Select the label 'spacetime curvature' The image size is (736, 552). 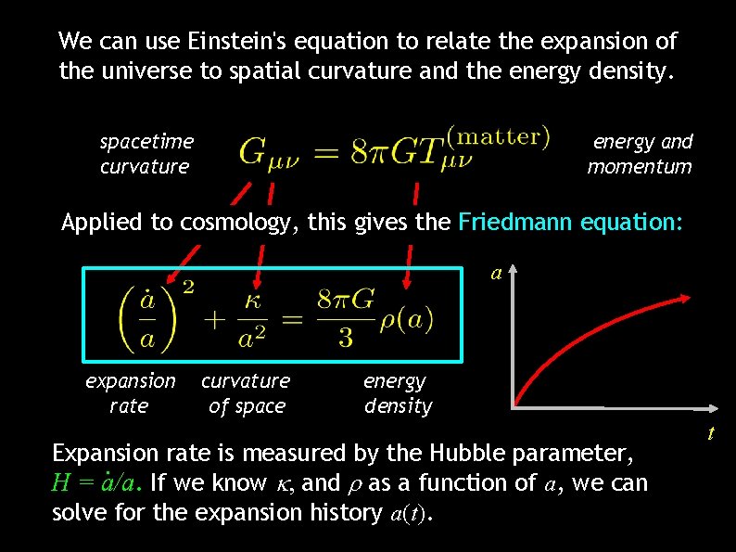(x=146, y=154)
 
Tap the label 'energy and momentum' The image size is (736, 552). (x=641, y=154)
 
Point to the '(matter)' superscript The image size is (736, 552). (x=498, y=135)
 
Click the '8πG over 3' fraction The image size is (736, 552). (x=345, y=317)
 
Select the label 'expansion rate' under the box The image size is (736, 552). (x=130, y=393)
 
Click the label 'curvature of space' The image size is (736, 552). (x=246, y=393)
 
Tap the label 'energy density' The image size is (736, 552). (x=397, y=393)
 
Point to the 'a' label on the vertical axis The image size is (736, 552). (x=496, y=274)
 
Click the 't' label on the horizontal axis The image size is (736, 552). (x=711, y=432)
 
